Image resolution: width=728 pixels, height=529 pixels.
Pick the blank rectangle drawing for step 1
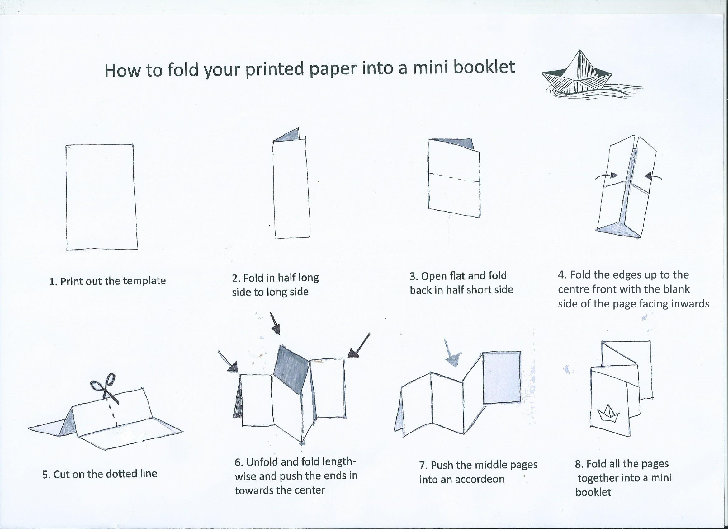click(x=102, y=197)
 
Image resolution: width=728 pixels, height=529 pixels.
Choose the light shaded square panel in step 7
click(x=502, y=377)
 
